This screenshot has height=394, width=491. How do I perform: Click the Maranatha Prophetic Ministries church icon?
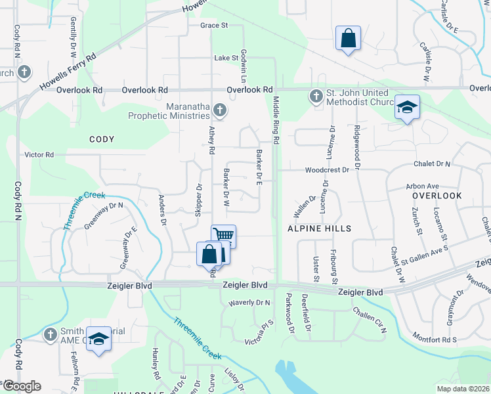(221, 110)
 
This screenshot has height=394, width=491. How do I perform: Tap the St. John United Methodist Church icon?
(316, 97)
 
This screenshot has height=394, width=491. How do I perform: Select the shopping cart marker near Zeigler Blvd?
(224, 235)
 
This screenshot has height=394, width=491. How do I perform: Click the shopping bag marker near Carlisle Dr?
(348, 37)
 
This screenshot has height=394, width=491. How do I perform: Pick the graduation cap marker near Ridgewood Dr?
(407, 106)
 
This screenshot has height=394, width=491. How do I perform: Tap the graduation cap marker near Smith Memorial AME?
(98, 339)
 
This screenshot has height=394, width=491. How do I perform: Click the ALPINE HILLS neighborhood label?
(319, 229)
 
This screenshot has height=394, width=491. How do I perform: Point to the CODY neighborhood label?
(102, 139)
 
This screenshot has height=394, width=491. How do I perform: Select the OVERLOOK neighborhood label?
(437, 196)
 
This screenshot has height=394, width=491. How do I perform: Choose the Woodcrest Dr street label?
(326, 170)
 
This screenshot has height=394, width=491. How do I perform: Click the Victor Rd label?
(39, 155)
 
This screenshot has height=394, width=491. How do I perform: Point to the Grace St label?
(214, 26)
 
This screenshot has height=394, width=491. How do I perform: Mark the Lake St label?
(226, 58)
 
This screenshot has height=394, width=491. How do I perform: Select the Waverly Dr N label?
(249, 303)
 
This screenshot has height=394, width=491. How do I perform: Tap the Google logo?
(21, 386)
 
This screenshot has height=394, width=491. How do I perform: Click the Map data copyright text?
(463, 389)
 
